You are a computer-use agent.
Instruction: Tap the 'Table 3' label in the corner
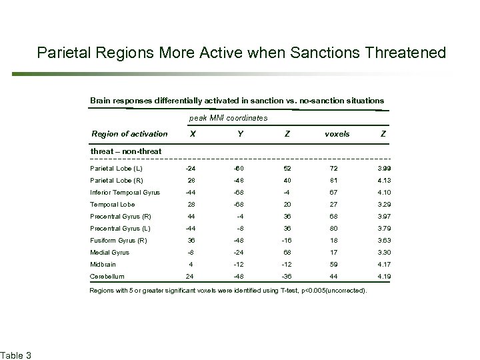tap(15, 353)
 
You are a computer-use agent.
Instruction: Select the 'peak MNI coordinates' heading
tap(228, 118)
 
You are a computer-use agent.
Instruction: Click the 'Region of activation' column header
tap(129, 133)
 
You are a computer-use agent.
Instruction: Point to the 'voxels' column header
tap(337, 133)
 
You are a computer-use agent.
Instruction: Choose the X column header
tap(193, 133)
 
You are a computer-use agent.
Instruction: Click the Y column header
tap(240, 133)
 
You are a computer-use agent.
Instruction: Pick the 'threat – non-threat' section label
tap(125, 151)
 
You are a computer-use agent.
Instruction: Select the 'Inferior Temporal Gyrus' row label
tap(125, 192)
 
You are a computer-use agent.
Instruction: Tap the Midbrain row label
tap(103, 264)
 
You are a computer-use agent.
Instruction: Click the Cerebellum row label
tap(107, 276)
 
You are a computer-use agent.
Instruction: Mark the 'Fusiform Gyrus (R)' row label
tap(118, 240)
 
